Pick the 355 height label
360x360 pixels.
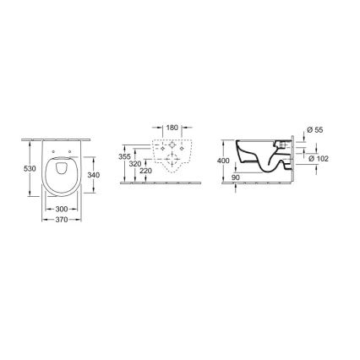tap(125, 156)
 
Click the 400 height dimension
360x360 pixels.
tap(223, 161)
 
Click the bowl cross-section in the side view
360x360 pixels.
tap(262, 161)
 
